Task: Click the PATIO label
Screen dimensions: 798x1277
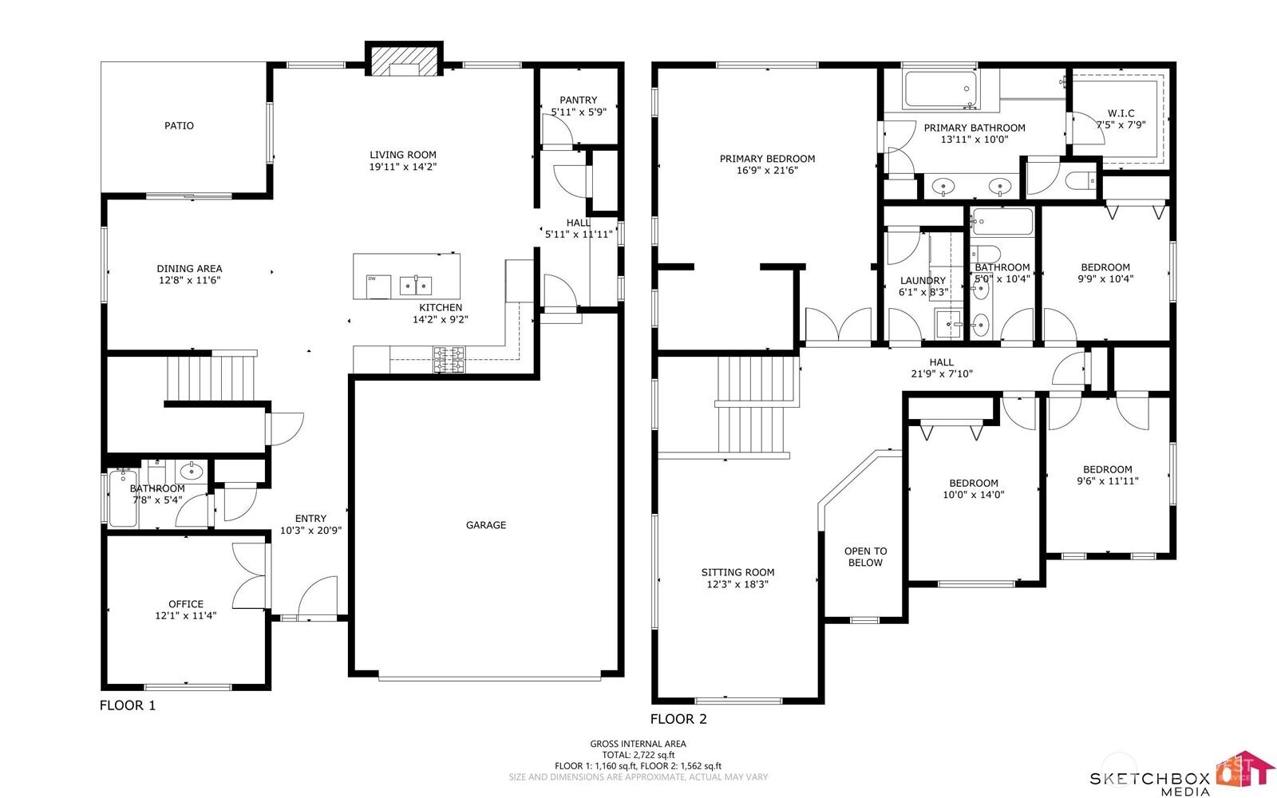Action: click(x=179, y=125)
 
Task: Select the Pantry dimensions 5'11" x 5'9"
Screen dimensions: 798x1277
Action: click(x=578, y=113)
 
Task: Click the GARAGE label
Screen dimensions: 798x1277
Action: click(x=486, y=525)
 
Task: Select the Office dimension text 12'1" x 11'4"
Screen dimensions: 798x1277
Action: click(x=185, y=616)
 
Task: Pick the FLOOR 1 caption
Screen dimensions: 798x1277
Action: click(x=128, y=705)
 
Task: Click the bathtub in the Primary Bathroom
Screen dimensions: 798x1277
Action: click(x=939, y=89)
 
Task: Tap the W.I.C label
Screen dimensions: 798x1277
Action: click(x=1121, y=113)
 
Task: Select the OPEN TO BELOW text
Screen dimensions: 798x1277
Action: click(x=865, y=557)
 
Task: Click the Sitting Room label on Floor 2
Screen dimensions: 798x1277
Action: click(x=737, y=572)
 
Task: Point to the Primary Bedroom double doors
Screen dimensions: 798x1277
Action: click(x=838, y=326)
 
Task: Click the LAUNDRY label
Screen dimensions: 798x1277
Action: click(x=923, y=281)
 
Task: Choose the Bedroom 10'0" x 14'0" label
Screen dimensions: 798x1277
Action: click(x=973, y=488)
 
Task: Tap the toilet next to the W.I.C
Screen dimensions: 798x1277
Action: click(x=1081, y=180)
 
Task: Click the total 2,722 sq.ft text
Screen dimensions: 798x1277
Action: click(x=638, y=754)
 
